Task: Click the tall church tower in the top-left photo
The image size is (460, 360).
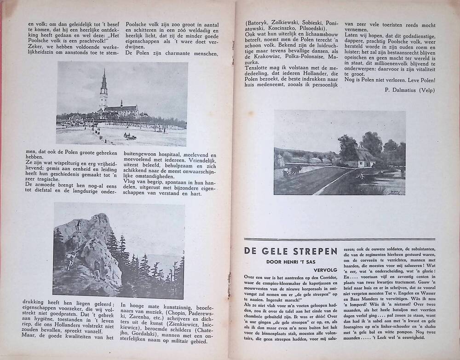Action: click(x=103, y=90)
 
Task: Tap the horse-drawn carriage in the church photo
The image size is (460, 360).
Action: click(x=130, y=136)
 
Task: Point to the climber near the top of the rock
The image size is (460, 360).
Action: click(x=79, y=225)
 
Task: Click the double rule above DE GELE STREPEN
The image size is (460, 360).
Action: click(x=339, y=239)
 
